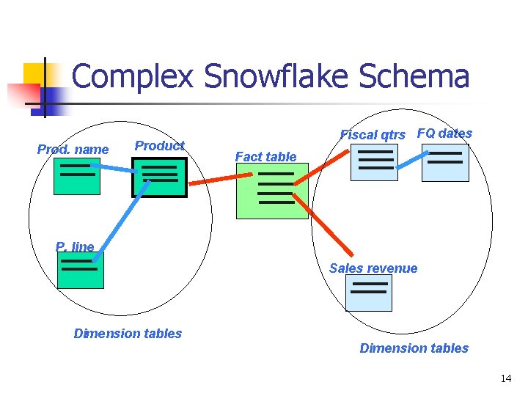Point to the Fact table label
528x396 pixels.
[x=265, y=156]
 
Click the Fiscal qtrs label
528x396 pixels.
[x=373, y=135]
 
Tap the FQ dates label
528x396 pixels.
[x=444, y=133]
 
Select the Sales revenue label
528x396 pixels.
[x=373, y=268]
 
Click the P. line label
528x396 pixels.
[x=75, y=247]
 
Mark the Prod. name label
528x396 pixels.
[x=73, y=150]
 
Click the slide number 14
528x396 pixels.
[x=505, y=378]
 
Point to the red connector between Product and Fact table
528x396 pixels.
[x=213, y=179]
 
